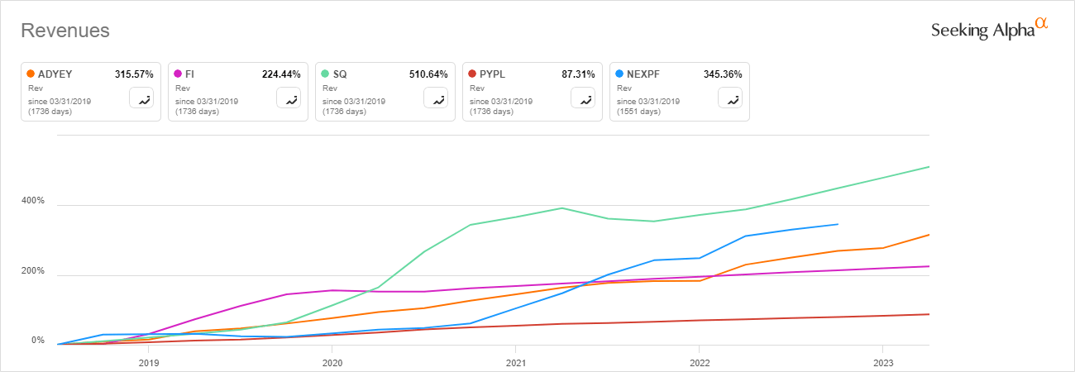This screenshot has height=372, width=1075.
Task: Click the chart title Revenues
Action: pos(65,31)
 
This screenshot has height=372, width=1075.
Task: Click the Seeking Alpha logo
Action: pos(989,29)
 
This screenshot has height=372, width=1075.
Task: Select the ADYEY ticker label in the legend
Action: pos(55,74)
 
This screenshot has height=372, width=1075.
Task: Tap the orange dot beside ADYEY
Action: pos(31,74)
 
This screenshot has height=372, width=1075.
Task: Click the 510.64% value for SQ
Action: pos(428,74)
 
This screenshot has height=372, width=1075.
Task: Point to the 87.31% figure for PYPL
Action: pos(577,74)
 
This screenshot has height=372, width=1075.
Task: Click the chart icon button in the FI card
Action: pos(289,98)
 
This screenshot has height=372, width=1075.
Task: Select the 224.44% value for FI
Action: pos(280,74)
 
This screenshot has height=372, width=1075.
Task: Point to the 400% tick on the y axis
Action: pos(33,202)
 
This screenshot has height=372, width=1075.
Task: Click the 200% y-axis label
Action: pos(33,271)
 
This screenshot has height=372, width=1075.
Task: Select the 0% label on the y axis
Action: pos(38,341)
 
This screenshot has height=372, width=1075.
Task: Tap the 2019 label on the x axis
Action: pos(149,362)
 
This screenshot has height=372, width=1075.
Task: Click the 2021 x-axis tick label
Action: pos(516,362)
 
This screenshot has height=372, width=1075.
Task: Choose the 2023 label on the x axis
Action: pos(883,362)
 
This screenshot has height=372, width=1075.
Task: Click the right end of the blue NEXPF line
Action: pos(838,224)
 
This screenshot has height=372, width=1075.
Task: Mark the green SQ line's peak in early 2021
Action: pos(562,207)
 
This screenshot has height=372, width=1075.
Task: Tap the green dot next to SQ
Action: pos(325,74)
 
